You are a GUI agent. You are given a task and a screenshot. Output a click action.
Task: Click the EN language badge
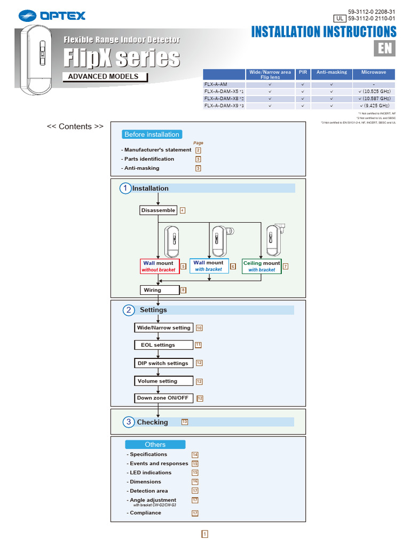384,48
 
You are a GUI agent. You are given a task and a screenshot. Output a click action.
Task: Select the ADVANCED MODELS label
103,76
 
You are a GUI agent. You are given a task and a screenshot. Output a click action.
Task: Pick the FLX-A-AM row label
216,84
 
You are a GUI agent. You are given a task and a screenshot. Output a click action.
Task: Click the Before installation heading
152,135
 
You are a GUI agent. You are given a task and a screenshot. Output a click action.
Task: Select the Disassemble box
158,210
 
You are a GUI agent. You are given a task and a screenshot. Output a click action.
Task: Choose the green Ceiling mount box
262,266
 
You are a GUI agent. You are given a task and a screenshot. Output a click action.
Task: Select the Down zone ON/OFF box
163,398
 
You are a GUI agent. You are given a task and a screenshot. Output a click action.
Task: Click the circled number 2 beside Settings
129,310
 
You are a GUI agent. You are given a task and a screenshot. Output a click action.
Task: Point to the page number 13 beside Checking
185,421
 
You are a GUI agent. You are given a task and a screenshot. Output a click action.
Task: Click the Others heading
155,444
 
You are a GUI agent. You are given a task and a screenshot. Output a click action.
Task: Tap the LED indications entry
151,473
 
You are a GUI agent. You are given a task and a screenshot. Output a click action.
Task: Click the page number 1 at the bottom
205,534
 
